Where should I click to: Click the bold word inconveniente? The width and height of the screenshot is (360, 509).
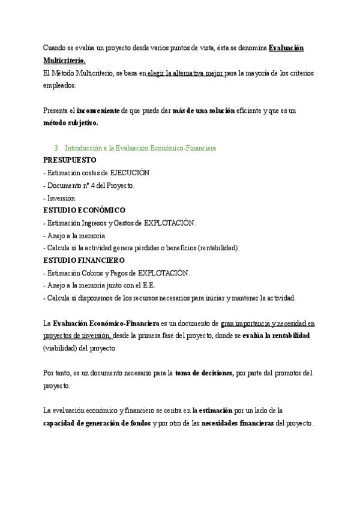pos(98,111)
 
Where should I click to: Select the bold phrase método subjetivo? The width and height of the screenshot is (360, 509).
pos(71,123)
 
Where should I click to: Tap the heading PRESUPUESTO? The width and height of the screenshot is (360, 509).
pos(70,160)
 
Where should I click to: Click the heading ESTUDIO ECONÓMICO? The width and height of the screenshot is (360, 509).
pos(85,210)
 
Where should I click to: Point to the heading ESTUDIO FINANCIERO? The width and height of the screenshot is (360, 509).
pos(84,261)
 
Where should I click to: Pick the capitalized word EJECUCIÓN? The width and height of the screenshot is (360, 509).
pos(130,173)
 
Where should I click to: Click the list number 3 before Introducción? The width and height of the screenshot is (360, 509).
pos(56,148)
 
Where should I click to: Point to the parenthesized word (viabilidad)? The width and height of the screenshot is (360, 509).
pos(64,348)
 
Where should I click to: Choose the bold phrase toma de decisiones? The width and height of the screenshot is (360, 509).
pos(205,373)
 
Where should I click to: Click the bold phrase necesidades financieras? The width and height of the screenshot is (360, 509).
pos(238,423)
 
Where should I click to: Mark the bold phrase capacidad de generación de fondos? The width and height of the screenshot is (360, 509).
pos(97,423)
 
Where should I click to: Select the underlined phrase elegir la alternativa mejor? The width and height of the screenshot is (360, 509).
pos(185,73)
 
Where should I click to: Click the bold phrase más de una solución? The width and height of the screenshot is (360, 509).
pos(203,111)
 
